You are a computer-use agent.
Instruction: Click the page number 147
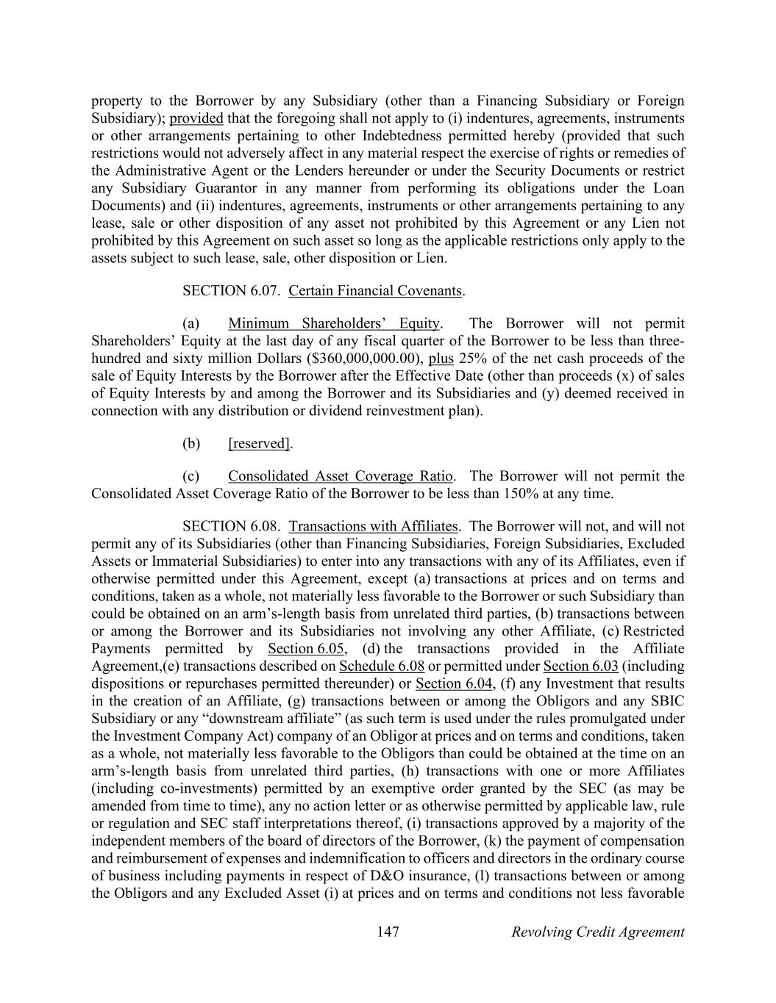(388, 932)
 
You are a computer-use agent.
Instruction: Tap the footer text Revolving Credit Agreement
(597, 932)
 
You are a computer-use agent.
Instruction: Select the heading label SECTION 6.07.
(231, 291)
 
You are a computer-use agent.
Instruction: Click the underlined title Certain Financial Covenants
(375, 291)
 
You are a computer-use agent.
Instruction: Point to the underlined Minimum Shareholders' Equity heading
(334, 323)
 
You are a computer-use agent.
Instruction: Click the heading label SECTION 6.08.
(231, 526)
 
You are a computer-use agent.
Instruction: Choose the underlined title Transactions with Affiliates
(374, 526)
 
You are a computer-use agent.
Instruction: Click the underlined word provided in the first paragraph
(196, 118)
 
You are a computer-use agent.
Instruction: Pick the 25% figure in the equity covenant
(471, 359)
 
